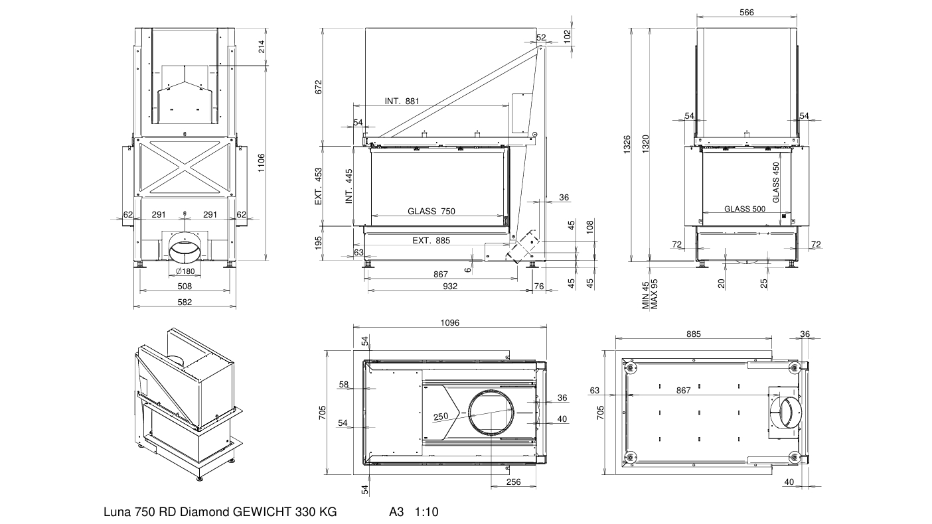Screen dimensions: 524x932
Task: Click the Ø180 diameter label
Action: [x=185, y=271]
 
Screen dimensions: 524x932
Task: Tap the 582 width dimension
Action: [x=185, y=302]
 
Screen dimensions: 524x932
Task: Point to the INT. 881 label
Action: [x=402, y=101]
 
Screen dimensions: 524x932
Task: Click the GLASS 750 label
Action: [x=431, y=212]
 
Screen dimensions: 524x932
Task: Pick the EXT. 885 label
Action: [x=431, y=240]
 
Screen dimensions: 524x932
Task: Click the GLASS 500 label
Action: [x=745, y=208]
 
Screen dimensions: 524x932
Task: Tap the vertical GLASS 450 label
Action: [x=776, y=182]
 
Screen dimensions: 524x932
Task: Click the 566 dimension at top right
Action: [x=746, y=13]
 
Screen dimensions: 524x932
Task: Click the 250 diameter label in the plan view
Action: [x=440, y=417]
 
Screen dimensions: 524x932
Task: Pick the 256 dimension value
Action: [x=513, y=482]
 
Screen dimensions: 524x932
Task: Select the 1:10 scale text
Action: [x=426, y=512]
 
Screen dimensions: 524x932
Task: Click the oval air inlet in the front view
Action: [x=185, y=251]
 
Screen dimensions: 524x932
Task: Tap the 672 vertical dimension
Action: [x=319, y=87]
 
